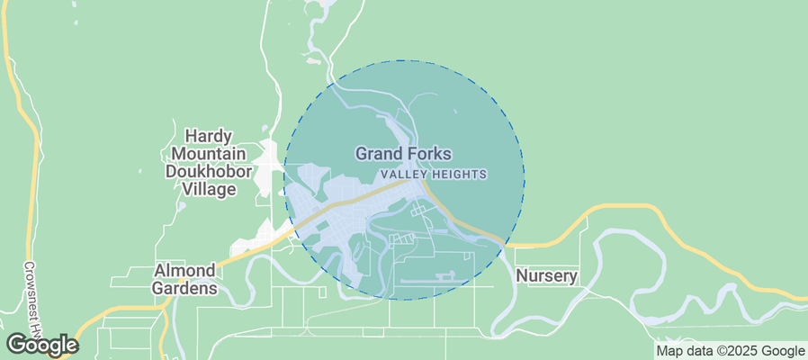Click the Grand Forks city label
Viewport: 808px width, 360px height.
pos(403,154)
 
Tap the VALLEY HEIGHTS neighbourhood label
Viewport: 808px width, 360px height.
pos(434,174)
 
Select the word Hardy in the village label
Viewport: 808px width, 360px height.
pos(202,133)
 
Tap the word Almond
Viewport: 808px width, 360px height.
pos(185,270)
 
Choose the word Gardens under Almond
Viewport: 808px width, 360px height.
pos(185,289)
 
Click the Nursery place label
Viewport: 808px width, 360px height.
pos(546,275)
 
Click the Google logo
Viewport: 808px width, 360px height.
pos(42,344)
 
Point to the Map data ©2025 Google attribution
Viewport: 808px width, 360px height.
pos(730,351)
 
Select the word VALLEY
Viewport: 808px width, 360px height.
pos(401,174)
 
